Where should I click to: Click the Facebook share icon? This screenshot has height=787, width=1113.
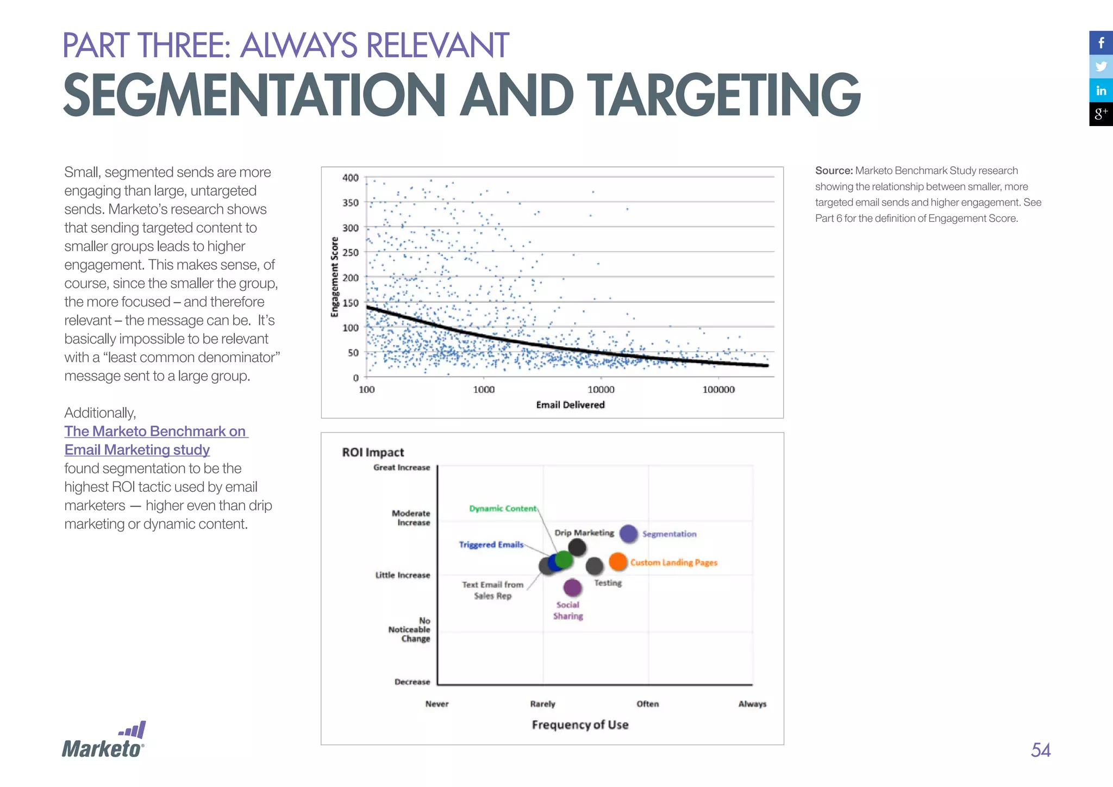tap(1101, 43)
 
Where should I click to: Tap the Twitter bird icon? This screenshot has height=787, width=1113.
tap(1101, 67)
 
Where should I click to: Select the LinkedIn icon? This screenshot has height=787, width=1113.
tap(1101, 91)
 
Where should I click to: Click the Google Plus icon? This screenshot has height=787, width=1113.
tap(1101, 114)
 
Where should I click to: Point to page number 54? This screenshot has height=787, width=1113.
tap(1040, 750)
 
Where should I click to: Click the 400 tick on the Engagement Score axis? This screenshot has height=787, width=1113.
tap(351, 178)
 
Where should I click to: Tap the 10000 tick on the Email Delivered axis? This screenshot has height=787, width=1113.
tap(601, 390)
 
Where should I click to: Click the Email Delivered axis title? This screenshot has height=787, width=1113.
tap(570, 405)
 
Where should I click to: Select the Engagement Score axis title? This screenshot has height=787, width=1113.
tap(335, 277)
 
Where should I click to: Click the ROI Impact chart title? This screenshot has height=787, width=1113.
tap(373, 452)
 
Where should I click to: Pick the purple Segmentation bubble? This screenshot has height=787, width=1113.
tap(629, 534)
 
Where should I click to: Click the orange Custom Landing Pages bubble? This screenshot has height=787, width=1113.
tap(618, 561)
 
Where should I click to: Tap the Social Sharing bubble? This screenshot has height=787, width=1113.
tap(572, 587)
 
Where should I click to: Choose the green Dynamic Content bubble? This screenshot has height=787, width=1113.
tap(565, 559)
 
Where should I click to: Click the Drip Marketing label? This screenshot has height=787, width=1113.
tap(584, 533)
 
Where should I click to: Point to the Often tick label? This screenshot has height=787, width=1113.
tap(648, 704)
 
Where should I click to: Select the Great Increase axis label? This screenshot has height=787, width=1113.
tap(402, 467)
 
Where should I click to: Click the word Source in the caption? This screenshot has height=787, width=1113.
tap(834, 171)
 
